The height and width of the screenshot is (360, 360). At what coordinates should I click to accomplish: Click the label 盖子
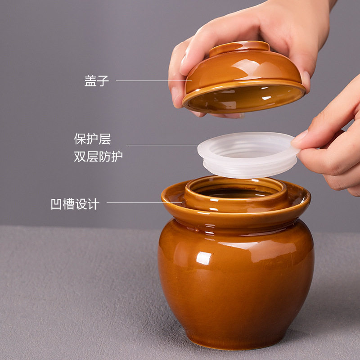[97, 81]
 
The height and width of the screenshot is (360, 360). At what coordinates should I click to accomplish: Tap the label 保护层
[92, 139]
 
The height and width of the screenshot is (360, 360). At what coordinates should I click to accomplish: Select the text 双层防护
[98, 157]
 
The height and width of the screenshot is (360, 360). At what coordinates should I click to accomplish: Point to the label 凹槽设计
[75, 204]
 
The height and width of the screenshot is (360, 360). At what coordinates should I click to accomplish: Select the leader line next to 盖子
[151, 81]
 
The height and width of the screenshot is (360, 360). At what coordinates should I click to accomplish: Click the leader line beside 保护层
[162, 145]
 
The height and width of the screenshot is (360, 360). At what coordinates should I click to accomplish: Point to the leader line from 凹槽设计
[144, 203]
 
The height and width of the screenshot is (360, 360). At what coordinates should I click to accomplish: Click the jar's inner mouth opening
[236, 193]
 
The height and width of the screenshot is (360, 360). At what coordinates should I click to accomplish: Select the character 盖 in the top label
[90, 81]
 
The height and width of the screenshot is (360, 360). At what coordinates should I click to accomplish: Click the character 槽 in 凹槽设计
[69, 204]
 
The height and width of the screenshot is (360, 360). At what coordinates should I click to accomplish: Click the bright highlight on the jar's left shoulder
[203, 257]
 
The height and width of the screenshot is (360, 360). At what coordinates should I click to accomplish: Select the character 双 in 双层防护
[80, 157]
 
